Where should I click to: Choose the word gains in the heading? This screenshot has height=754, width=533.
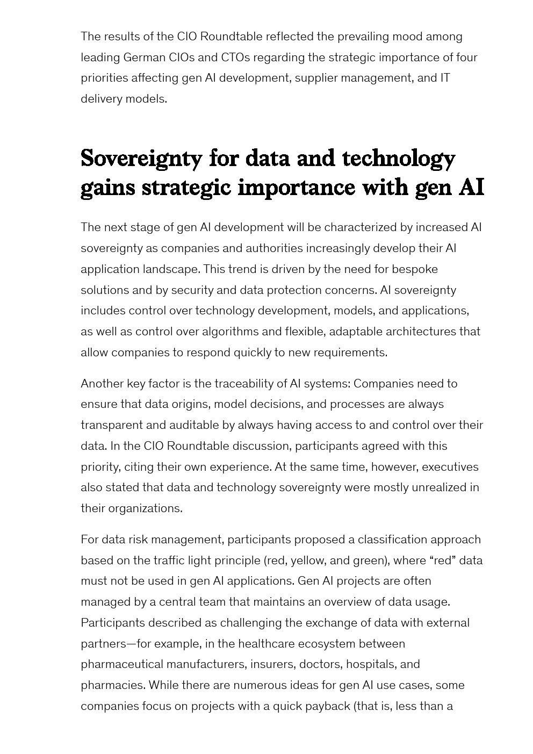[107, 188]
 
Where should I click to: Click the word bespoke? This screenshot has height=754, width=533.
[414, 269]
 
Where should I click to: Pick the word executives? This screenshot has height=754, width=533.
[450, 467]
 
